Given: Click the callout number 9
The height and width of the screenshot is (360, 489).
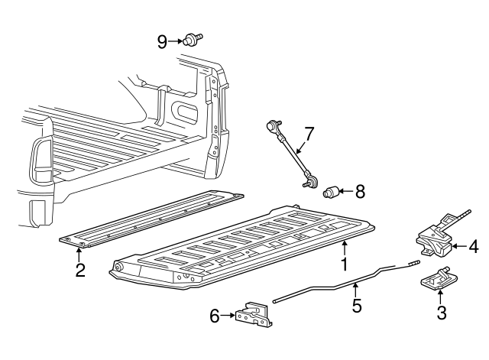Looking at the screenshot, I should [162, 41].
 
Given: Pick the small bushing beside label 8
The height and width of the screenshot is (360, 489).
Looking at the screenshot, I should [333, 191].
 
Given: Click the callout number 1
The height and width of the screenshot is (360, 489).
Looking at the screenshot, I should [344, 264].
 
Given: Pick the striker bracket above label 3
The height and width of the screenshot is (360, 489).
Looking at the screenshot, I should [437, 281].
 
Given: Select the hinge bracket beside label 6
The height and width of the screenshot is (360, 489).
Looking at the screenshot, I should [252, 315].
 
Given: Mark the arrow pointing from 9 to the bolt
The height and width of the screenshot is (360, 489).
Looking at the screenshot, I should [175, 41].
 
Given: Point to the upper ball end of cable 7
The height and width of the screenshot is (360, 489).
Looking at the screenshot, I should [273, 122].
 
